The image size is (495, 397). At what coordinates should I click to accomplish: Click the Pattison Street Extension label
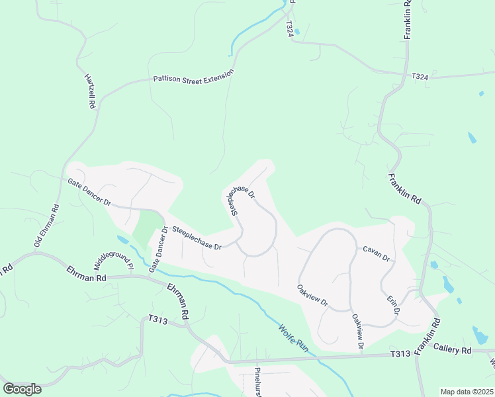193,77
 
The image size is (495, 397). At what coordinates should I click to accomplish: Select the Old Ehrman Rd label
46,226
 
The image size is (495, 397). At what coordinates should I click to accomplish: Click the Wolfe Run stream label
292,336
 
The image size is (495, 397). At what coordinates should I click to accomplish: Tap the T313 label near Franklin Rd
400,355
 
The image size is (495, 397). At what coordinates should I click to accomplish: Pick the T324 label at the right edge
420,77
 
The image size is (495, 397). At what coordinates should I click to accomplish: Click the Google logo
22,389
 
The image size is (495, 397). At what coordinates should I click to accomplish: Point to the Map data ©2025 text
467,392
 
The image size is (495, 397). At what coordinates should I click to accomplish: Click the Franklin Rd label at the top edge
408,20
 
